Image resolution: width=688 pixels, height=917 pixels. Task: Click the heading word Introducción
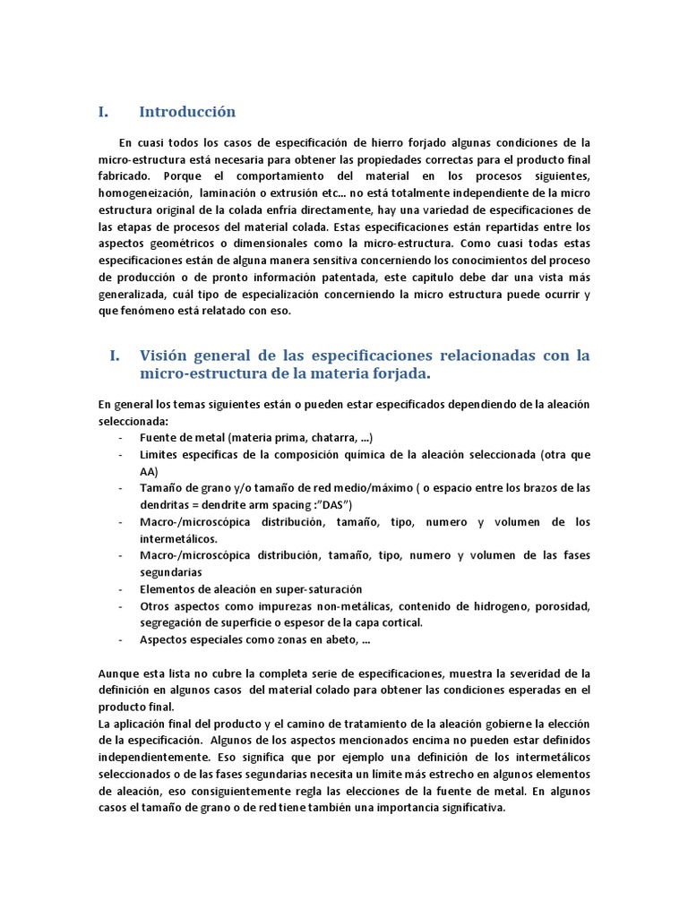tap(187, 112)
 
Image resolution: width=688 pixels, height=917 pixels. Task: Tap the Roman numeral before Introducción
tap(103, 112)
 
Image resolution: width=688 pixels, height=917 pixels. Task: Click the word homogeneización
tap(142, 193)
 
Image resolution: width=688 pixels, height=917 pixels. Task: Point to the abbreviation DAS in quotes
tap(334, 504)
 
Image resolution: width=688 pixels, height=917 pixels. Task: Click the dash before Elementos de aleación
tap(121, 589)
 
